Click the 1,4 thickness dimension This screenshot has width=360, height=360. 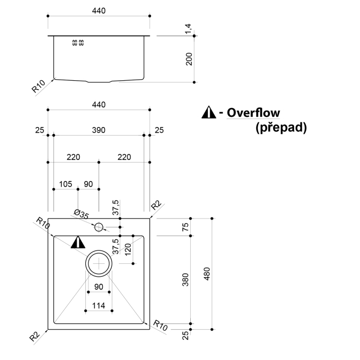coord(189,29)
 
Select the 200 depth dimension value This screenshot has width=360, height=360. coord(189,59)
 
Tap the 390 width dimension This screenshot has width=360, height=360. coord(99,131)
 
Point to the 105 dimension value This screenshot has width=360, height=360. coord(65,184)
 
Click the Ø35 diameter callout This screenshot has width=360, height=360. coord(81,213)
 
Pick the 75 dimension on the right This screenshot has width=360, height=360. coord(186,226)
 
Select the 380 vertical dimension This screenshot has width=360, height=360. coord(186,279)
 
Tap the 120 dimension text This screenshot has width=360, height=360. coord(128,250)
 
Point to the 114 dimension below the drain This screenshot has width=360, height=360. coord(98,306)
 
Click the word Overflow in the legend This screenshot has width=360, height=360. coord(254,112)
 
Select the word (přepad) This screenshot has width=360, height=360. coord(281,127)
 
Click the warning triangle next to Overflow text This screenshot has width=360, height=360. coord(208,112)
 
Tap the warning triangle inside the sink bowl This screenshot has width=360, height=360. coord(78,242)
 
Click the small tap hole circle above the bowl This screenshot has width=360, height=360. coord(98,226)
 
